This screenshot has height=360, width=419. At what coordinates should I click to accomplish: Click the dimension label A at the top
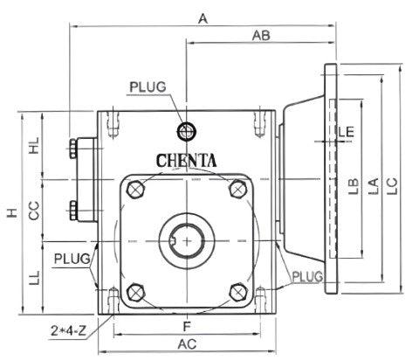click(x=203, y=17)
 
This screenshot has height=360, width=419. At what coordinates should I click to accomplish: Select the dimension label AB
click(x=259, y=36)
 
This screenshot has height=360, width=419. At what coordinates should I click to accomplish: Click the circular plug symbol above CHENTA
click(x=184, y=131)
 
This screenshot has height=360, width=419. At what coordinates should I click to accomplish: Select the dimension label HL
click(x=34, y=145)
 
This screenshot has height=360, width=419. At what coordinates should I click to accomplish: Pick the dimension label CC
click(x=34, y=211)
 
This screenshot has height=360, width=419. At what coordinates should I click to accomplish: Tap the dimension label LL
click(x=34, y=278)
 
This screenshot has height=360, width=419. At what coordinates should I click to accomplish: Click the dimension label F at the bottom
click(x=186, y=328)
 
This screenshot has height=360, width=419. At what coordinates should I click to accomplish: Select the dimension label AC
click(x=186, y=344)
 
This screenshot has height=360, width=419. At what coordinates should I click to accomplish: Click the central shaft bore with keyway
click(x=185, y=238)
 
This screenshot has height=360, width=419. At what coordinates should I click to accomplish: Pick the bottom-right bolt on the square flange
click(x=237, y=291)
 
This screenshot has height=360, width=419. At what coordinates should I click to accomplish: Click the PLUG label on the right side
click(x=306, y=276)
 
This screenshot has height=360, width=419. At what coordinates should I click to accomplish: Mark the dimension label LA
click(x=373, y=184)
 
